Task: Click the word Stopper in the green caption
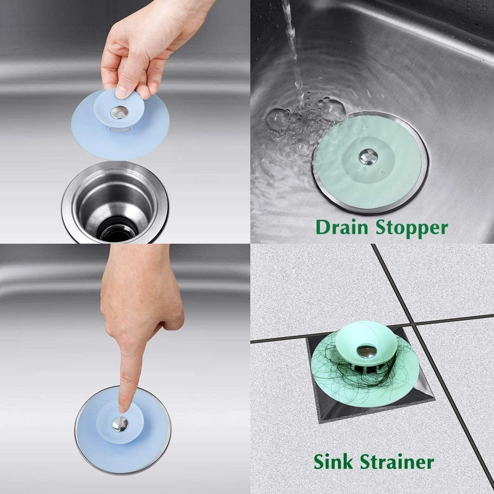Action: [x=409, y=228]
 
